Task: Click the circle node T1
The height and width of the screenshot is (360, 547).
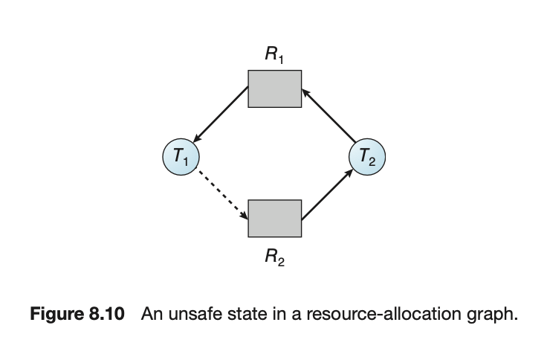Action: (178, 156)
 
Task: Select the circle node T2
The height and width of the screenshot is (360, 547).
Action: (368, 157)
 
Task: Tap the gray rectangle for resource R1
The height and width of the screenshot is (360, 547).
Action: (274, 89)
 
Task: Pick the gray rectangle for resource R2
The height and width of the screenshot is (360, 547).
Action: (274, 217)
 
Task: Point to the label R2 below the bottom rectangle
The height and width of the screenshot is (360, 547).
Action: (273, 258)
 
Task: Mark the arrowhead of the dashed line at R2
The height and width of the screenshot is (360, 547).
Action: (245, 217)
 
